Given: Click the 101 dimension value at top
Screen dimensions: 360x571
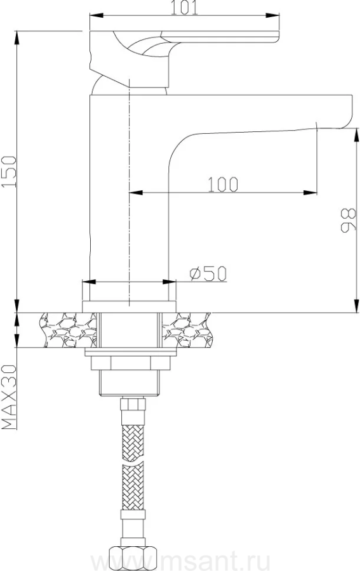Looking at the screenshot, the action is pyautogui.click(x=184, y=8).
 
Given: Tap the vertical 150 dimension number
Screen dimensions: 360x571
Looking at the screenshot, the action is pyautogui.click(x=9, y=171).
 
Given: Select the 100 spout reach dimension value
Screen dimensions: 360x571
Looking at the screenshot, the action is pyautogui.click(x=223, y=184).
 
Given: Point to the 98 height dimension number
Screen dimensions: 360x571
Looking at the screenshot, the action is pyautogui.click(x=349, y=220).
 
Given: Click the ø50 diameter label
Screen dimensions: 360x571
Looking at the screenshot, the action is pyautogui.click(x=208, y=273).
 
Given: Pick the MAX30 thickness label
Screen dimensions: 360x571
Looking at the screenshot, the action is pyautogui.click(x=9, y=397).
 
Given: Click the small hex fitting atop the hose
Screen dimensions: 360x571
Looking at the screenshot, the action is pyautogui.click(x=134, y=404).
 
